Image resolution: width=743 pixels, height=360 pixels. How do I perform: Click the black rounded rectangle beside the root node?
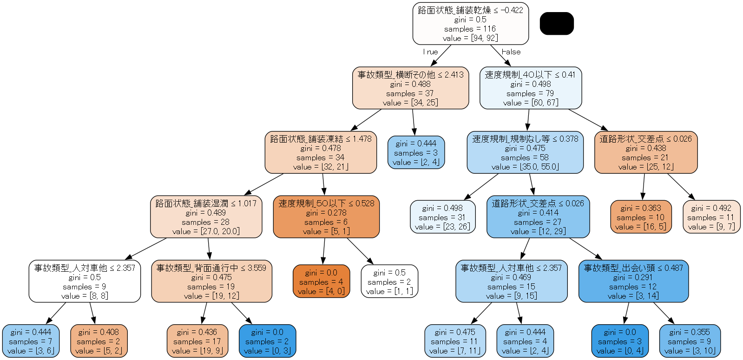pyautogui.click(x=557, y=23)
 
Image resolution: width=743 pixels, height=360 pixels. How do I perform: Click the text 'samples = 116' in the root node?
pyautogui.click(x=470, y=29)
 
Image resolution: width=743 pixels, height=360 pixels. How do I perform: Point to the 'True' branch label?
pyautogui.click(x=431, y=52)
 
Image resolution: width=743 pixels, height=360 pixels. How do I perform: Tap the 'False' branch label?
pyautogui.click(x=511, y=52)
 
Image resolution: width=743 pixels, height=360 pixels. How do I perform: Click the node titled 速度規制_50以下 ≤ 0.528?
pyautogui.click(x=326, y=217)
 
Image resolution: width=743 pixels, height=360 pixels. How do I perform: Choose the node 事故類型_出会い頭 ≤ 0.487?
pyautogui.click(x=633, y=281)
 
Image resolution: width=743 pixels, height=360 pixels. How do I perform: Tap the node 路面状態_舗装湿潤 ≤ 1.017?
pyautogui.click(x=206, y=217)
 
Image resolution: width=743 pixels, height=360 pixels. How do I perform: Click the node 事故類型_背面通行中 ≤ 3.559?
pyautogui.click(x=211, y=281)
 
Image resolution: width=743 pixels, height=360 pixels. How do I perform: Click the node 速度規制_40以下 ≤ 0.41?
pyautogui.click(x=530, y=88)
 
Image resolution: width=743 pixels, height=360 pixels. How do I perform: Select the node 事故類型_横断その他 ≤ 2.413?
pyautogui.click(x=410, y=88)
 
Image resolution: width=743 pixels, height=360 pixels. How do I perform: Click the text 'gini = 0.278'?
pyautogui.click(x=326, y=213)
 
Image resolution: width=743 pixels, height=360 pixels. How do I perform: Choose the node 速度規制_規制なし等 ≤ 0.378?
pyautogui.click(x=525, y=152)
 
